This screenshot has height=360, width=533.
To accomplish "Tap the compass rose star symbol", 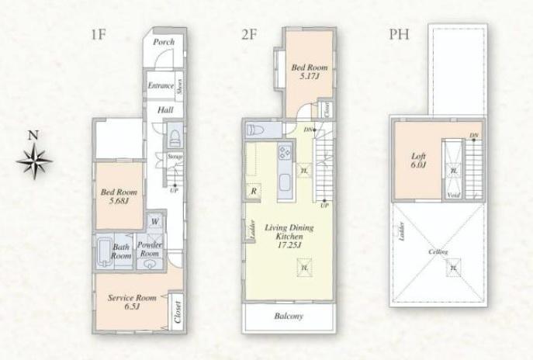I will [x=33, y=162].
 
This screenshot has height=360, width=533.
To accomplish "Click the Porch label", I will [x=163, y=43].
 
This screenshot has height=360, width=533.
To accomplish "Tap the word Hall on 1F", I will [x=165, y=111].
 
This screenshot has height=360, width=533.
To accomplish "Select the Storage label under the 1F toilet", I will [x=175, y=157].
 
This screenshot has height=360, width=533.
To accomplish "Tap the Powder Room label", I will [x=149, y=249].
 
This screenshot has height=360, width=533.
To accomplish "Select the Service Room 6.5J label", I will [x=135, y=301].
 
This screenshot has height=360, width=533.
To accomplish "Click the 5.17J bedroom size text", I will [x=308, y=77].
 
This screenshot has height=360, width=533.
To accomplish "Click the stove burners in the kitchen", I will [x=285, y=151].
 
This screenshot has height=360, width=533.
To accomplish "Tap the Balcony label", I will [x=289, y=317].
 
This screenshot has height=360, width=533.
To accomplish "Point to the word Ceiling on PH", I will [x=438, y=253].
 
